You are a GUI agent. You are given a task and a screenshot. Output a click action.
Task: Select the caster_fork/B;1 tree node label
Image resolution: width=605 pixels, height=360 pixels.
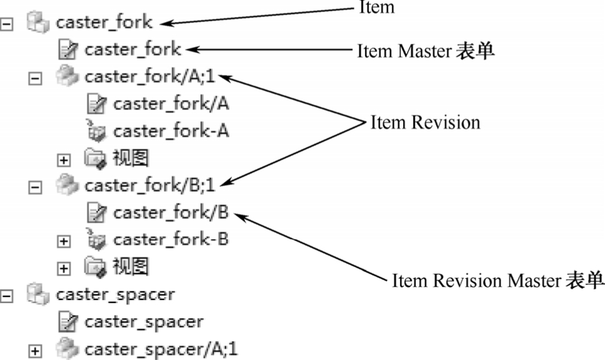(x=151, y=186)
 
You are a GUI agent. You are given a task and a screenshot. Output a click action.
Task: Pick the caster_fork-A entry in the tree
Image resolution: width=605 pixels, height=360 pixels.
(x=171, y=131)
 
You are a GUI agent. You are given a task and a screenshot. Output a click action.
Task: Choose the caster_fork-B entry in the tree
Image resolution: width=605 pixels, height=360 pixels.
(x=171, y=239)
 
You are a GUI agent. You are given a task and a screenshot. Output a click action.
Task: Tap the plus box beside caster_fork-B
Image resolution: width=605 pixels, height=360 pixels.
(x=63, y=241)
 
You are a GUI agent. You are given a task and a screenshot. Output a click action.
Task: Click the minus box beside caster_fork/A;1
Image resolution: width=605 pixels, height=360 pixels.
(x=36, y=78)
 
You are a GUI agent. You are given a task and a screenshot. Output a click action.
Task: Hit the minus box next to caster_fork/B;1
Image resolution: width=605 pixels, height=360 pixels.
(x=36, y=186)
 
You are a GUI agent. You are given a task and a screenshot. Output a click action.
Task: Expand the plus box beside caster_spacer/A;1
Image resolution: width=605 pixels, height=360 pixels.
(x=36, y=350)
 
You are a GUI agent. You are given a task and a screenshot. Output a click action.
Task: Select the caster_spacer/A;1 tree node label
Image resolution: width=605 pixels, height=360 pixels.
(x=161, y=348)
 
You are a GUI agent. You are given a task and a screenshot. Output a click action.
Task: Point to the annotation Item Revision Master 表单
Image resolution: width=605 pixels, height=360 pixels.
(x=497, y=280)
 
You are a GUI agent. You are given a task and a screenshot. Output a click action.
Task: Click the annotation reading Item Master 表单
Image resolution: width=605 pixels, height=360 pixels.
(x=426, y=51)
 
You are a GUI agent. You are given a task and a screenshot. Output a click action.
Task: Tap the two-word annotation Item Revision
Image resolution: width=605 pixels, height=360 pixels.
(x=425, y=122)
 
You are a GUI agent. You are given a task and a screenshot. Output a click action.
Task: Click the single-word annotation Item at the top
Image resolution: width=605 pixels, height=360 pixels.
(x=376, y=7)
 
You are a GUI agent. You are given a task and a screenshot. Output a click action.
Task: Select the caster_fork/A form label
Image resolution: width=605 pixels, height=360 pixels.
(x=171, y=104)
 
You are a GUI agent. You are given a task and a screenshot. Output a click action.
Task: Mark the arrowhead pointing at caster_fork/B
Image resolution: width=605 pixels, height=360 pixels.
(x=237, y=216)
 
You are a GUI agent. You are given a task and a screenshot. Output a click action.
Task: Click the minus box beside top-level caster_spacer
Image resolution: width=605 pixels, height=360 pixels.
(x=7, y=296)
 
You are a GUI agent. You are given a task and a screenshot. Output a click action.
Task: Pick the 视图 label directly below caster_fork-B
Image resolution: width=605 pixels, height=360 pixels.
(x=131, y=267)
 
